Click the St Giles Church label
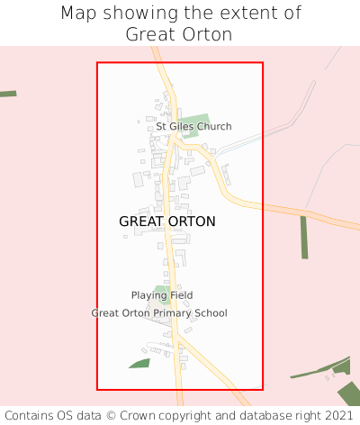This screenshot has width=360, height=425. pyautogui.click(x=193, y=127)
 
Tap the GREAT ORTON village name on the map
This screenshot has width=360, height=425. pyautogui.click(x=167, y=221)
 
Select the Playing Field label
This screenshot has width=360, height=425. pyautogui.click(x=162, y=295)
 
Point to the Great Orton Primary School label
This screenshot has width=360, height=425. pyautogui.click(x=159, y=313)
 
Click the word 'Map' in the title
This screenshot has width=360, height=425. pyautogui.click(x=80, y=14)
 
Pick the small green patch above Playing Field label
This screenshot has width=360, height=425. pyautogui.click(x=162, y=289)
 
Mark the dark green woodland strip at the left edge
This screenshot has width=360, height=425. pyautogui.click(x=7, y=94)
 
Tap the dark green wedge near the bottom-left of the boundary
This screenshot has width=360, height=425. pyautogui.click(x=139, y=364)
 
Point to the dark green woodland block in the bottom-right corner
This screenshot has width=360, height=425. pyautogui.click(x=347, y=393)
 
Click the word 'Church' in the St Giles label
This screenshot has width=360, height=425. pyautogui.click(x=214, y=127)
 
